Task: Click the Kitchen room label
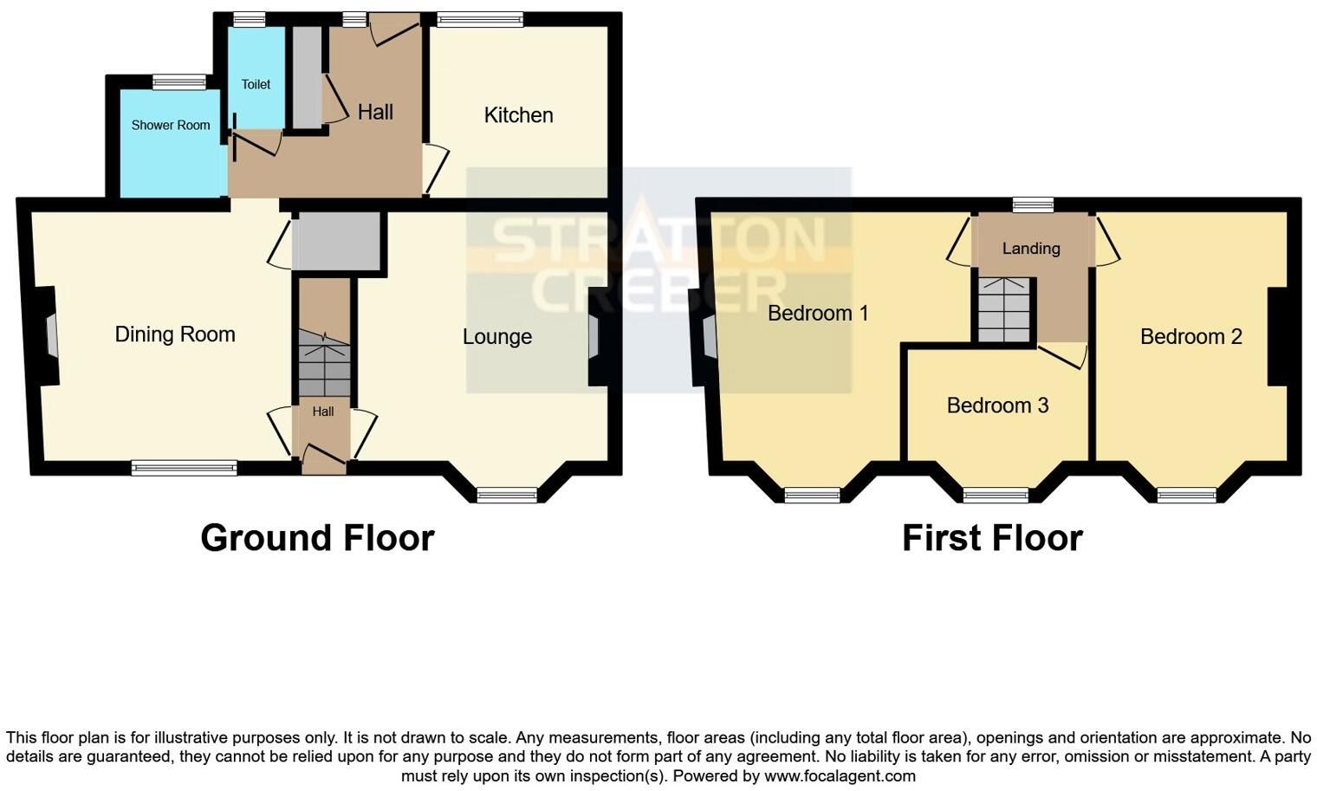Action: [518, 114]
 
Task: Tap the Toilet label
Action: [256, 85]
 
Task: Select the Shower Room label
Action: [171, 126]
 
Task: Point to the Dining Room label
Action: [175, 334]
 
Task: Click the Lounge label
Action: [497, 336]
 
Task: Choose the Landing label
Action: [1031, 249]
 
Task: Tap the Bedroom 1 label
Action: [818, 313]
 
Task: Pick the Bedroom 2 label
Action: [1191, 336]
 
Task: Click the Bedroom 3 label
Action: [998, 405]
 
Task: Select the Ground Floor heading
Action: [317, 537]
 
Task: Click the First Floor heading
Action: [992, 537]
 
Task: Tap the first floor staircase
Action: [1004, 310]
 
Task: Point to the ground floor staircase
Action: [324, 362]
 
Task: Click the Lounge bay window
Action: [507, 496]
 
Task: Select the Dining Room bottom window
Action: [184, 468]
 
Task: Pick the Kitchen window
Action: [480, 20]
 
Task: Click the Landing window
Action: [1033, 205]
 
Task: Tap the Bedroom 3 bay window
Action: [996, 496]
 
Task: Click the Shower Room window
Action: [179, 82]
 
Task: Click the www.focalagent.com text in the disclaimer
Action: [840, 776]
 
